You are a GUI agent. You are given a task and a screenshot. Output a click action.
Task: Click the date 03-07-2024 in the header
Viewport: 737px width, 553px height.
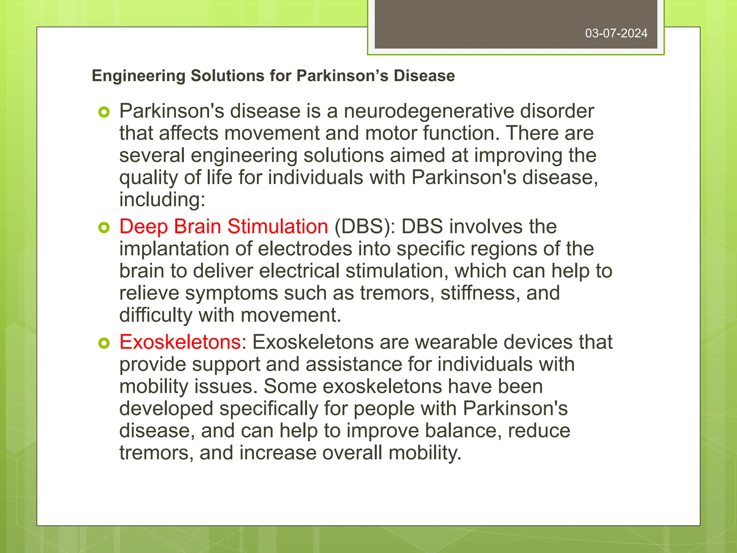[x=616, y=33]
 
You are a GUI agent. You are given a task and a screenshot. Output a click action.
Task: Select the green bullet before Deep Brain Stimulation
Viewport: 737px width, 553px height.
[x=104, y=228]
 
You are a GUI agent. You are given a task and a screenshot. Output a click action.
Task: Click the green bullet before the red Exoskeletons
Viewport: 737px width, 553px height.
[x=104, y=343]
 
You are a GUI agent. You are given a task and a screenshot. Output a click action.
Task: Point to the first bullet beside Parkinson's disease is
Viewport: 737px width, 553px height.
[x=104, y=112]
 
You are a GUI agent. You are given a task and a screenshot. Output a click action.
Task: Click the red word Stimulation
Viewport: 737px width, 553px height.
[x=277, y=226]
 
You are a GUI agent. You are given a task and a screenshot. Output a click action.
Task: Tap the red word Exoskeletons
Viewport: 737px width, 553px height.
[x=180, y=342]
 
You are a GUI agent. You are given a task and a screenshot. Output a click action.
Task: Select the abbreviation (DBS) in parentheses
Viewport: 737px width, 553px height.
[x=365, y=226]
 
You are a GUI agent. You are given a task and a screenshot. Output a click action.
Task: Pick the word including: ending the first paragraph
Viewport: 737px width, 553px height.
[x=162, y=199]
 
